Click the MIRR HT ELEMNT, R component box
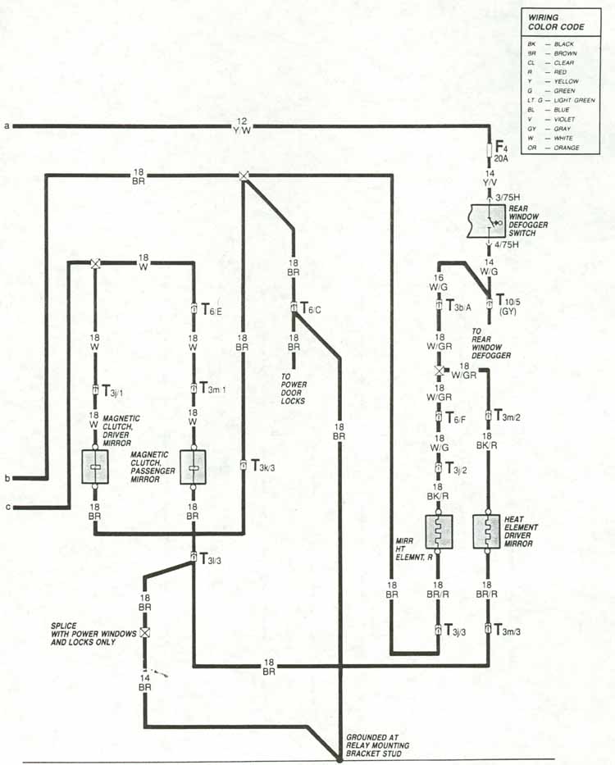click(x=439, y=532)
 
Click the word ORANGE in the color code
click(x=566, y=148)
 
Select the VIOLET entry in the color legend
click(x=564, y=120)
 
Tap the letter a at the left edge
click(x=7, y=126)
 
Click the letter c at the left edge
click(x=7, y=508)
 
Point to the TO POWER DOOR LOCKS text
click(x=293, y=389)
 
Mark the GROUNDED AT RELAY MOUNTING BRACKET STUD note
click(x=376, y=745)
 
